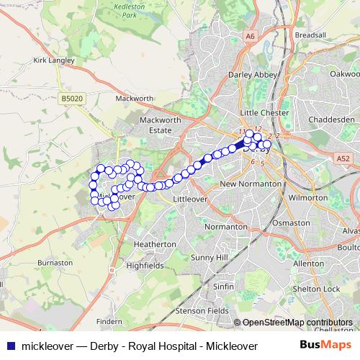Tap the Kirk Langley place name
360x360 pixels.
[x=54, y=60]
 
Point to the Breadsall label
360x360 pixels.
[x=310, y=35]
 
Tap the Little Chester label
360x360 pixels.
[x=264, y=113]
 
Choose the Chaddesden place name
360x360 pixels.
[x=330, y=118]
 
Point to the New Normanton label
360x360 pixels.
[x=250, y=184]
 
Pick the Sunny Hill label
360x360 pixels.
[x=210, y=257]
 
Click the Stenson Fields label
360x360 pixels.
[x=202, y=312]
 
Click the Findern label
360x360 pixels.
[x=109, y=322]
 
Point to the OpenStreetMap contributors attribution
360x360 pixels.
[x=297, y=323]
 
